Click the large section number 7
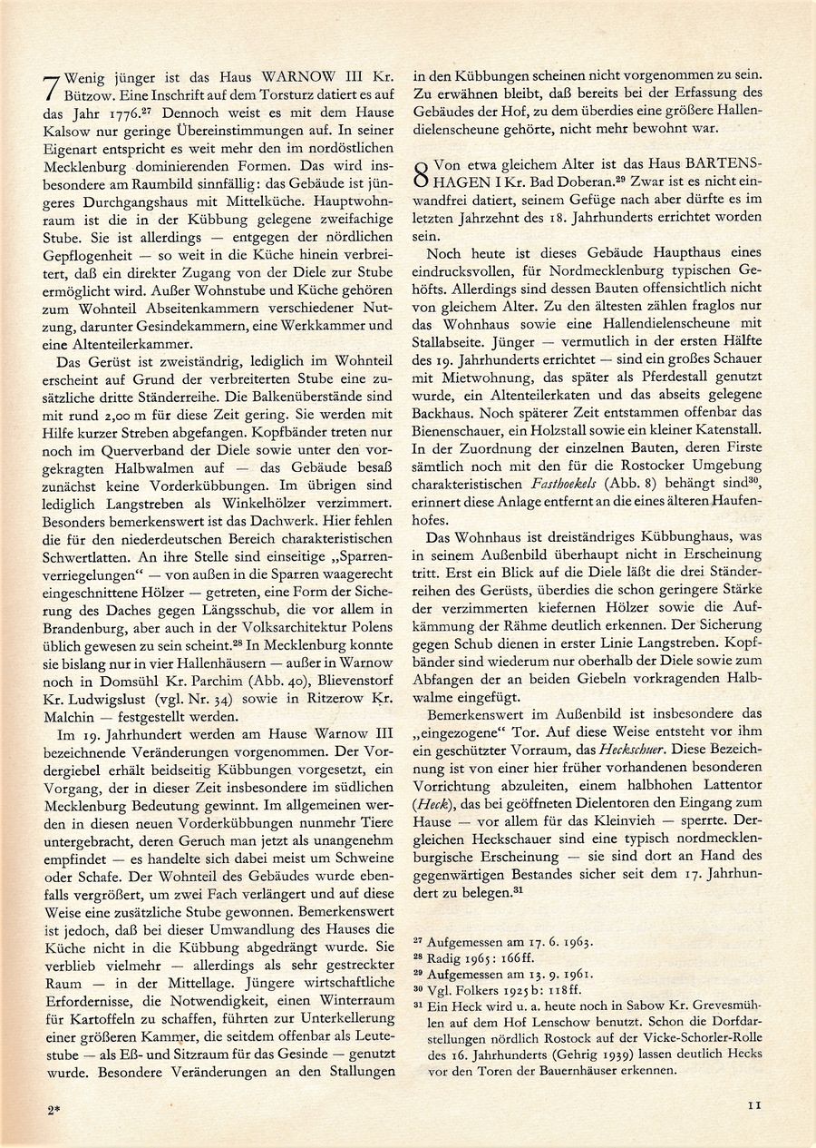coord(52,93)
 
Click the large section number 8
coord(421,172)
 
